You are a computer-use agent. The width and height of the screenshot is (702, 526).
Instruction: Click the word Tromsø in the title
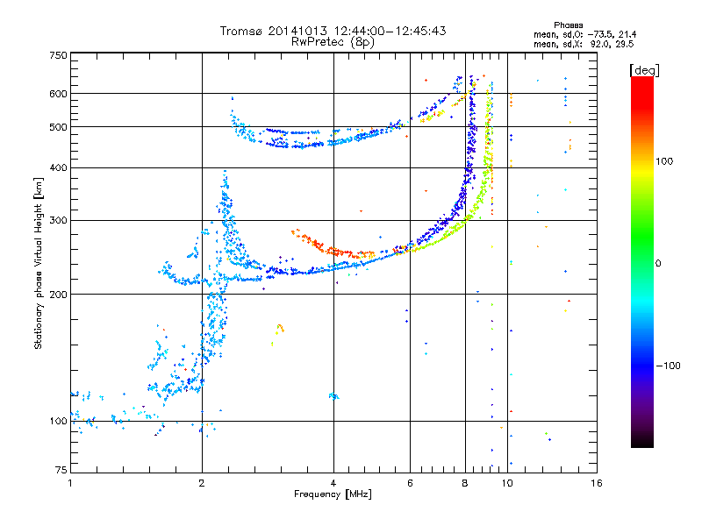click(242, 31)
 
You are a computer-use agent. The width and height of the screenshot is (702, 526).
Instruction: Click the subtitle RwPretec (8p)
click(333, 42)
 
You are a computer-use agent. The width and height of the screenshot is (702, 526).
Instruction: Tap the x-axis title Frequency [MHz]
click(333, 494)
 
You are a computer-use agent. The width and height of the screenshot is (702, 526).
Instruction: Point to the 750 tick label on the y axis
click(58, 55)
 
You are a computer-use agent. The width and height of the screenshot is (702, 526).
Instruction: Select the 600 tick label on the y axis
click(58, 94)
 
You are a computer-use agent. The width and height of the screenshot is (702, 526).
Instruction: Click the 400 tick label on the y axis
click(58, 168)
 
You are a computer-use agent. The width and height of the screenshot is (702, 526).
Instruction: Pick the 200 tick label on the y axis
click(58, 295)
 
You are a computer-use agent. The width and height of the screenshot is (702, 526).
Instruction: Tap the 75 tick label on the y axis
click(61, 470)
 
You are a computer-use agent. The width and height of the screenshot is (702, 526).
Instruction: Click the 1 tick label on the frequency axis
click(70, 483)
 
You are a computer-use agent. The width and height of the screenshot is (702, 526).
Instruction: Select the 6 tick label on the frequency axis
click(410, 483)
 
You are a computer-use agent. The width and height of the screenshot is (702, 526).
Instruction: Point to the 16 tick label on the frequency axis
click(597, 483)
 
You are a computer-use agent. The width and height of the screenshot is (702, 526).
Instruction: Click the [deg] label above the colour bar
click(644, 71)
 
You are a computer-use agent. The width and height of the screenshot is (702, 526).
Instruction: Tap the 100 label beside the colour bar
click(664, 161)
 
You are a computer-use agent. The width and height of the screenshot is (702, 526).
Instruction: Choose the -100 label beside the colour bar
click(668, 366)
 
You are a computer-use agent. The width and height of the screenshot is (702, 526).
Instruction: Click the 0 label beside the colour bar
click(658, 264)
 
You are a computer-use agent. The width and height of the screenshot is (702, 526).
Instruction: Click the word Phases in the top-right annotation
click(568, 25)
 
